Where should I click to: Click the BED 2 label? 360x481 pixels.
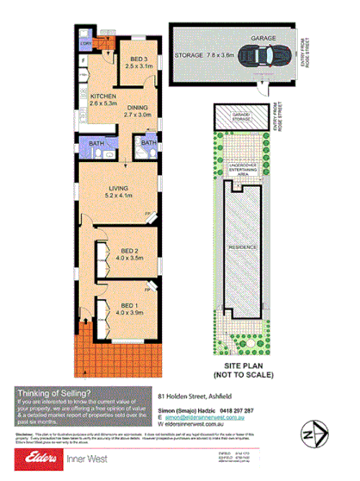(130, 249)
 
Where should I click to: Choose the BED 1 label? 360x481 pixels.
(130, 306)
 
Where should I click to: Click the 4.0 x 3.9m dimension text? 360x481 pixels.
(130, 314)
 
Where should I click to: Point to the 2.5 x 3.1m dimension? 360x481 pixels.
(131, 66)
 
